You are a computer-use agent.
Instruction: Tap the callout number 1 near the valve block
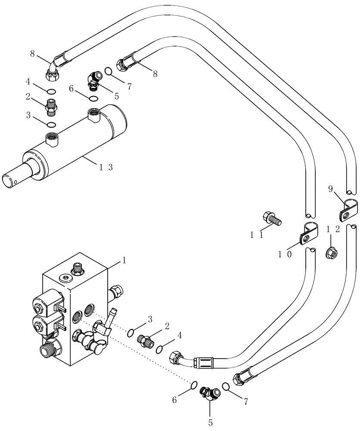coord(124,260)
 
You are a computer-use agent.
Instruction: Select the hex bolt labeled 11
coord(273,218)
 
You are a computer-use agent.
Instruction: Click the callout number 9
coord(330,189)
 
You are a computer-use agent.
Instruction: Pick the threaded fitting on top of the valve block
coord(78,269)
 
